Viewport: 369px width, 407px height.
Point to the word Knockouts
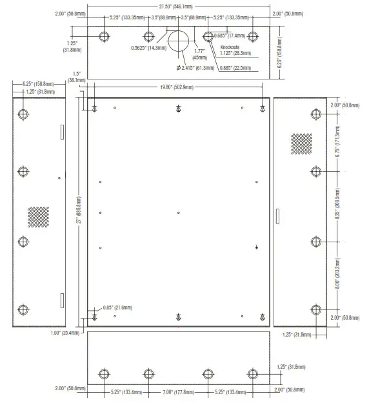(x=230, y=48)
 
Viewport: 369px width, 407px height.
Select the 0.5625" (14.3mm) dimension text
(x=148, y=47)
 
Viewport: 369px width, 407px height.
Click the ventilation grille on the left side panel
(x=38, y=216)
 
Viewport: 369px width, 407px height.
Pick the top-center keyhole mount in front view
(x=178, y=108)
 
